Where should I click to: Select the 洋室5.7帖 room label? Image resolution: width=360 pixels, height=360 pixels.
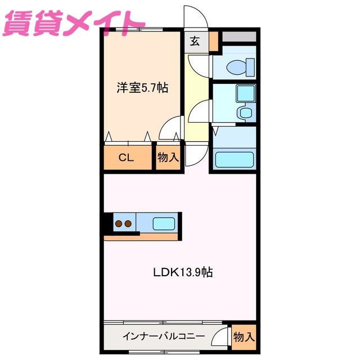tap(142, 88)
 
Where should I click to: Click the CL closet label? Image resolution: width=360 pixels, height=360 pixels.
tap(126, 157)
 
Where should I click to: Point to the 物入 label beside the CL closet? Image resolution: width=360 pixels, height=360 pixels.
tap(168, 157)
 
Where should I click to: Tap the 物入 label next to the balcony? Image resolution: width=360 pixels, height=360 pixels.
tap(244, 337)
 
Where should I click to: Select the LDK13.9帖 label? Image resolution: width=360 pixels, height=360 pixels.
tap(183, 273)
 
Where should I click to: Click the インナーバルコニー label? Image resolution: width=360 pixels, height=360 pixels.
tap(164, 337)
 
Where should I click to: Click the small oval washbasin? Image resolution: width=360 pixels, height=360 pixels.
tap(245, 112)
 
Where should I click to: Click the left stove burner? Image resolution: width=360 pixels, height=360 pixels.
tap(119, 224)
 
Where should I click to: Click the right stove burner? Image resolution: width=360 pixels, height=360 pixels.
tap(129, 224)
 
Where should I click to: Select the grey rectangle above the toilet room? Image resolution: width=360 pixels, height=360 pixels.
tap(240, 37)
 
